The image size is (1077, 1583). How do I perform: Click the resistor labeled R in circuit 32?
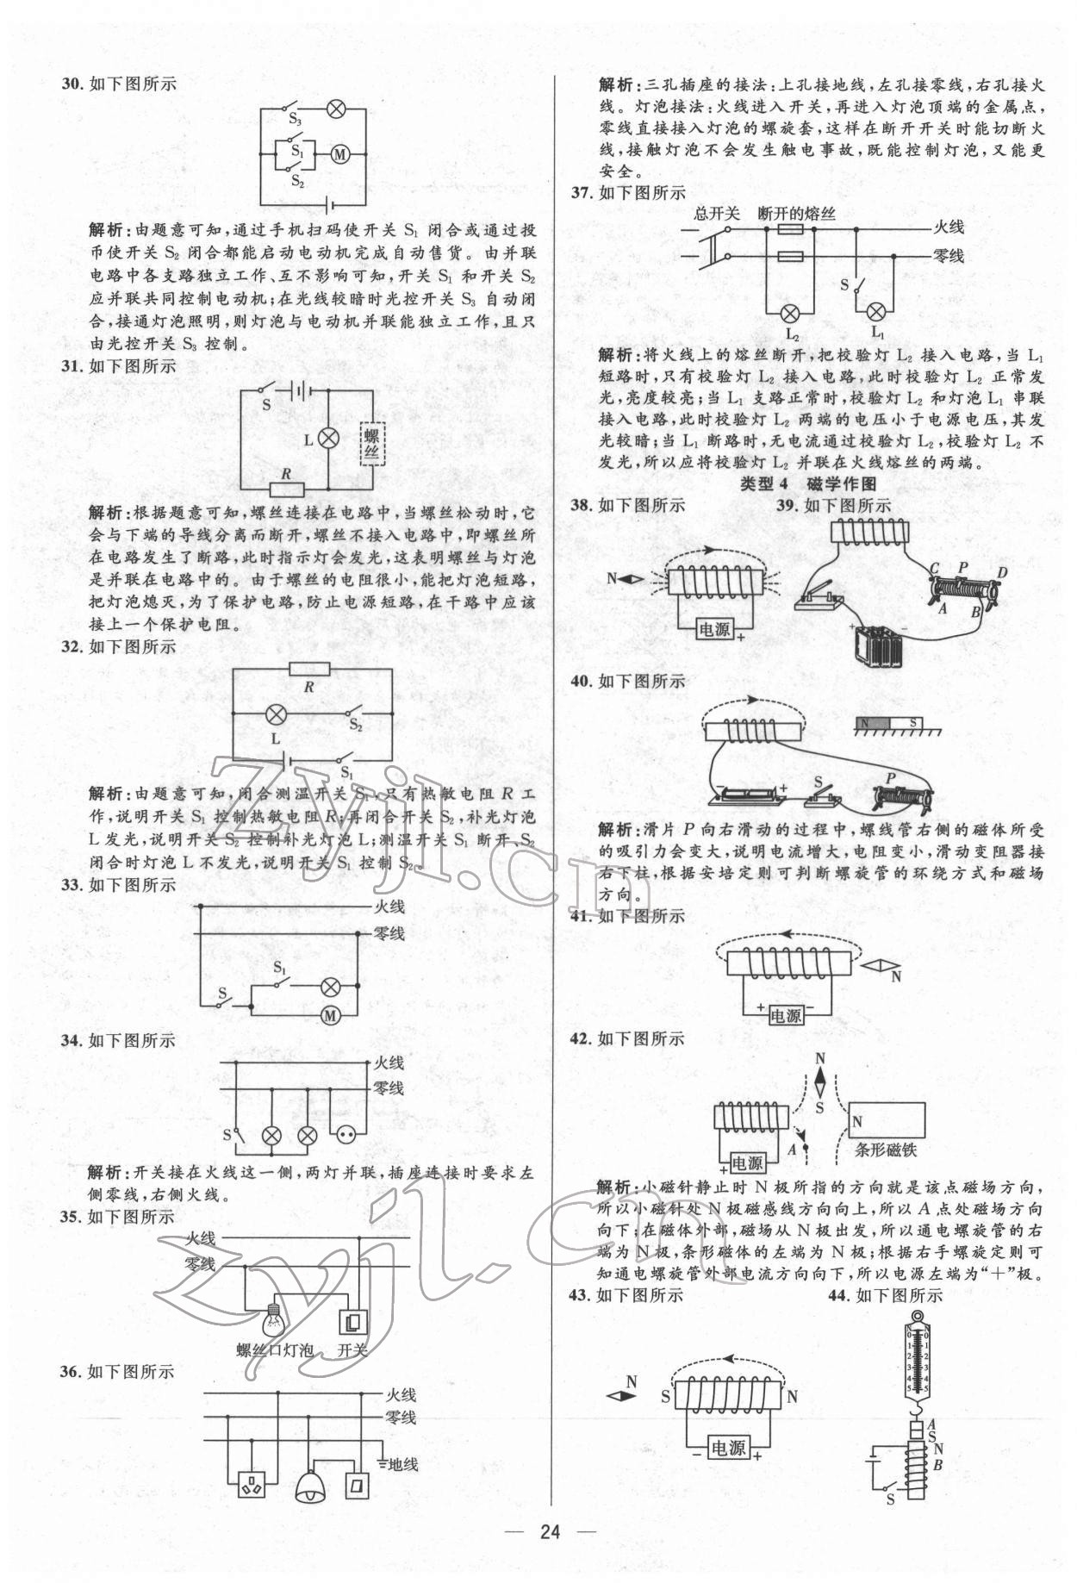point(309,670)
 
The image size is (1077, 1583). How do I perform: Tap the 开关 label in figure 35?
point(352,1350)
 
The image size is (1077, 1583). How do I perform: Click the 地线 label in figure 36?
point(402,1463)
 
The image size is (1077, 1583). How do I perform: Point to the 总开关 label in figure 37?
point(717,214)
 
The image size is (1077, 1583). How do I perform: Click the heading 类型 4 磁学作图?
point(808,484)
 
